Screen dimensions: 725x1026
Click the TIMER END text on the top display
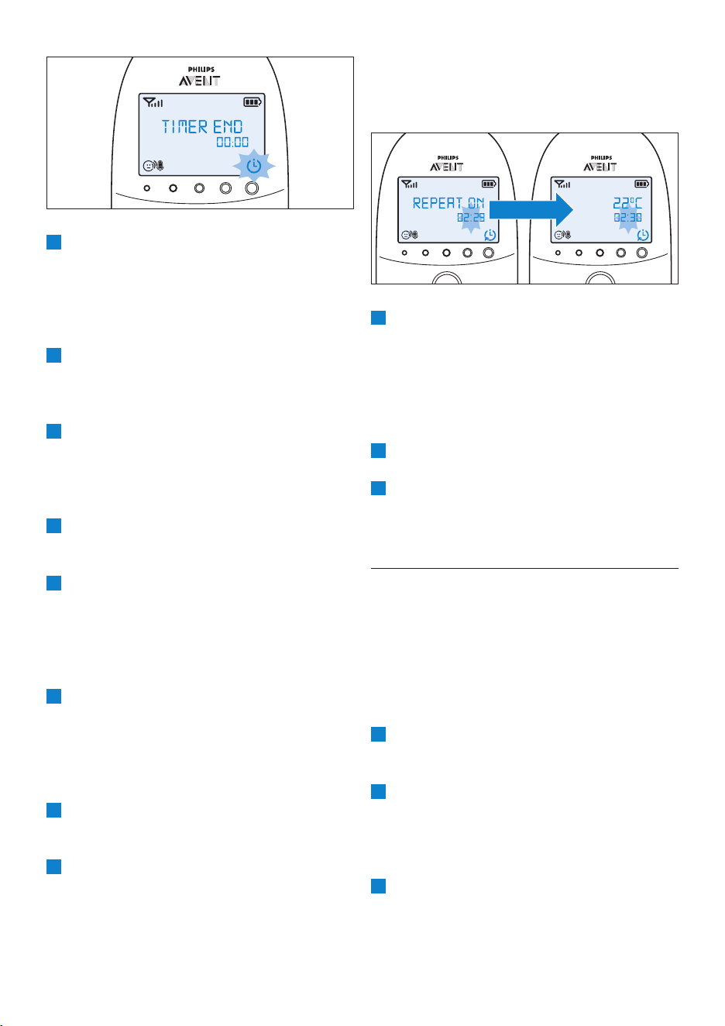202,127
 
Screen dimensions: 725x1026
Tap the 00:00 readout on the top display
232,142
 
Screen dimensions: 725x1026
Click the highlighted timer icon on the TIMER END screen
254,165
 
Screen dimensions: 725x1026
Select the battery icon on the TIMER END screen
253,102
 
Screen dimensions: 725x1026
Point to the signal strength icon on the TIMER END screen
153,102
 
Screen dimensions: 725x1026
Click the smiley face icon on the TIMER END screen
148,166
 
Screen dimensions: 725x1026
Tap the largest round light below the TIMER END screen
252,188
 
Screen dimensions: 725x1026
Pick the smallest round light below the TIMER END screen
147,188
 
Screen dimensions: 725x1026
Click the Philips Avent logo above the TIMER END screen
200,77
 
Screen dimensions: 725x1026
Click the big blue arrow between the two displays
531,210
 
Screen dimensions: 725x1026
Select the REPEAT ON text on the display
448,203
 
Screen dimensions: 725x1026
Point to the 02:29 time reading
470,218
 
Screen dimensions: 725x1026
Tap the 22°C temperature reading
627,203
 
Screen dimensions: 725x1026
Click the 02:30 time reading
627,218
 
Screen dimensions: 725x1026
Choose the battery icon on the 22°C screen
641,184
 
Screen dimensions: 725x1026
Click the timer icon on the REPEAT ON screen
490,235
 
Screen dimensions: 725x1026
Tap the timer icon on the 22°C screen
643,235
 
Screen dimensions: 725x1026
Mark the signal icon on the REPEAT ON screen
409,184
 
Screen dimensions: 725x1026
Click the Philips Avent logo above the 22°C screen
600,164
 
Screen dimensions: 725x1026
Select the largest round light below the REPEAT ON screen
488,253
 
